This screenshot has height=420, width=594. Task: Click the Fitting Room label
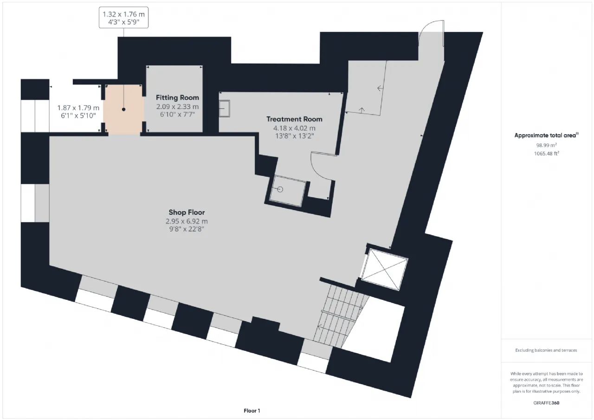click(x=177, y=97)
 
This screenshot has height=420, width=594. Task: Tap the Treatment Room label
click(x=294, y=119)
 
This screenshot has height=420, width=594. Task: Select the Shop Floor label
click(x=187, y=213)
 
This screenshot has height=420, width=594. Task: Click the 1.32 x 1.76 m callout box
click(x=123, y=18)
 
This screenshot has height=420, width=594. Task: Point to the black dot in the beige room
click(x=123, y=109)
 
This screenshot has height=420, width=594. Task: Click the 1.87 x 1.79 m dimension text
click(x=78, y=108)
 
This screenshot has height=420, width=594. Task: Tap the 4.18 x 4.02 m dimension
click(x=294, y=129)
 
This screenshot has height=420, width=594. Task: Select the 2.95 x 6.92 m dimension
click(x=187, y=221)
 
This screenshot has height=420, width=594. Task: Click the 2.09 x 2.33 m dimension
click(x=177, y=107)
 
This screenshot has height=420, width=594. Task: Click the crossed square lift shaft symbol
click(x=385, y=269)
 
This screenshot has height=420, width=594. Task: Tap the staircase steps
click(x=341, y=316)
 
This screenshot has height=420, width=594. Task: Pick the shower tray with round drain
click(x=288, y=191)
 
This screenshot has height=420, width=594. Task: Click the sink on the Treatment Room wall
click(x=224, y=109)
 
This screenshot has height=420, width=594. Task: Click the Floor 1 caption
click(x=252, y=411)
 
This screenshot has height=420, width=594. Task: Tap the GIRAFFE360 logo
click(x=546, y=403)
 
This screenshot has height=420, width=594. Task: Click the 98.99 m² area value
click(x=546, y=145)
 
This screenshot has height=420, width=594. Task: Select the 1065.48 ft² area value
click(x=546, y=154)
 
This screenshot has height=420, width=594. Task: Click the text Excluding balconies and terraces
click(x=546, y=350)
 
